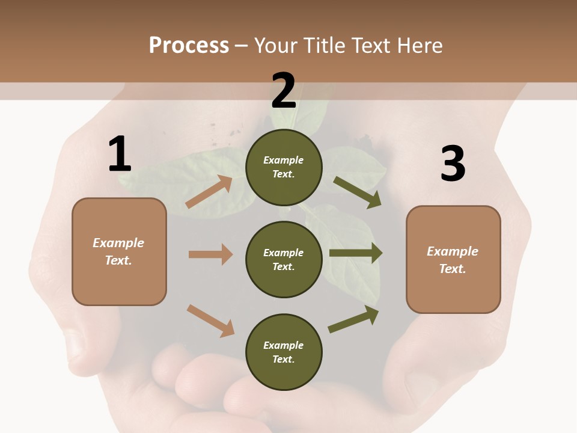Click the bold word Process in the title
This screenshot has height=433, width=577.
point(189,46)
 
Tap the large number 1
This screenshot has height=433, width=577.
point(120,155)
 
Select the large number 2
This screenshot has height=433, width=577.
point(284,91)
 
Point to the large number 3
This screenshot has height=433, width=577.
point(453,164)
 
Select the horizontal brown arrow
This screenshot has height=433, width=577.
point(210,254)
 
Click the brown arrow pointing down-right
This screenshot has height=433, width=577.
point(211,321)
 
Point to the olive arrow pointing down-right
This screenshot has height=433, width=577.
point(358,192)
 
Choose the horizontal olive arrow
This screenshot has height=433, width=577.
point(356,253)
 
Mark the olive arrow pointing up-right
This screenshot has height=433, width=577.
point(354,319)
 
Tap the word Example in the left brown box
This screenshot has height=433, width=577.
point(118,243)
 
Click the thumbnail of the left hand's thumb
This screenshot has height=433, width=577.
point(76,345)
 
